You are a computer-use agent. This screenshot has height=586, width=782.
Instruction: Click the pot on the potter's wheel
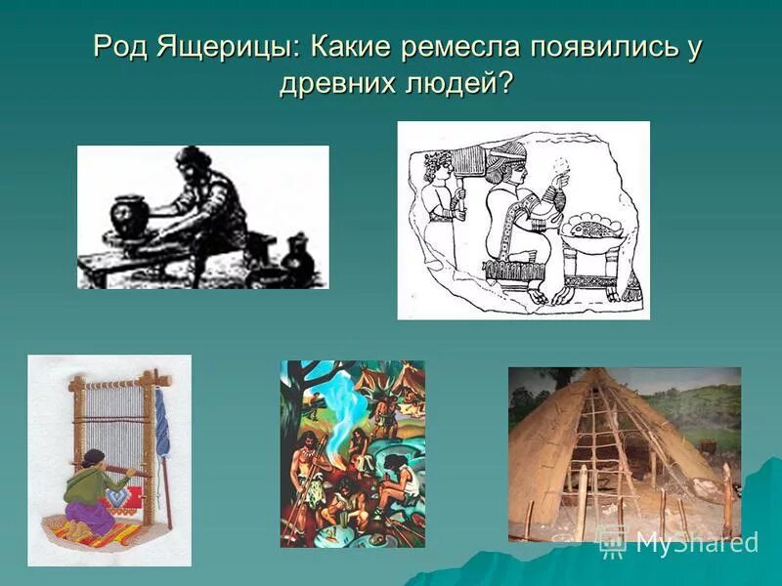coord(129,216)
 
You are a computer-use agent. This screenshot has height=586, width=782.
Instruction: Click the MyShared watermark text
coord(696,542)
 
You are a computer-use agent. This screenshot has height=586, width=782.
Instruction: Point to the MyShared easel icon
coord(612,540)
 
